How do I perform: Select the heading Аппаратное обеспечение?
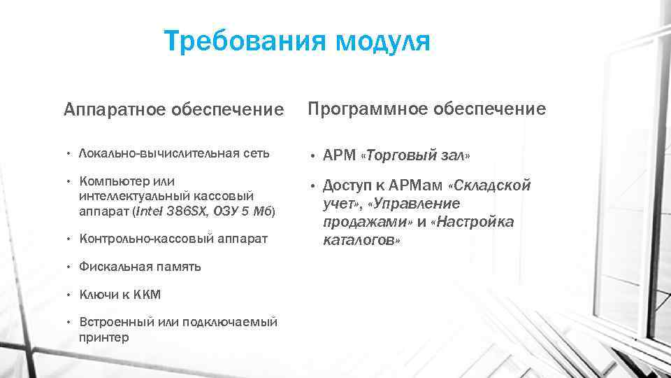click(x=174, y=110)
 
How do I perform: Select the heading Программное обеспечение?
click(x=426, y=108)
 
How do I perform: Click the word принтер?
click(x=104, y=337)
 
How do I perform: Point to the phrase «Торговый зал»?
click(x=416, y=154)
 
